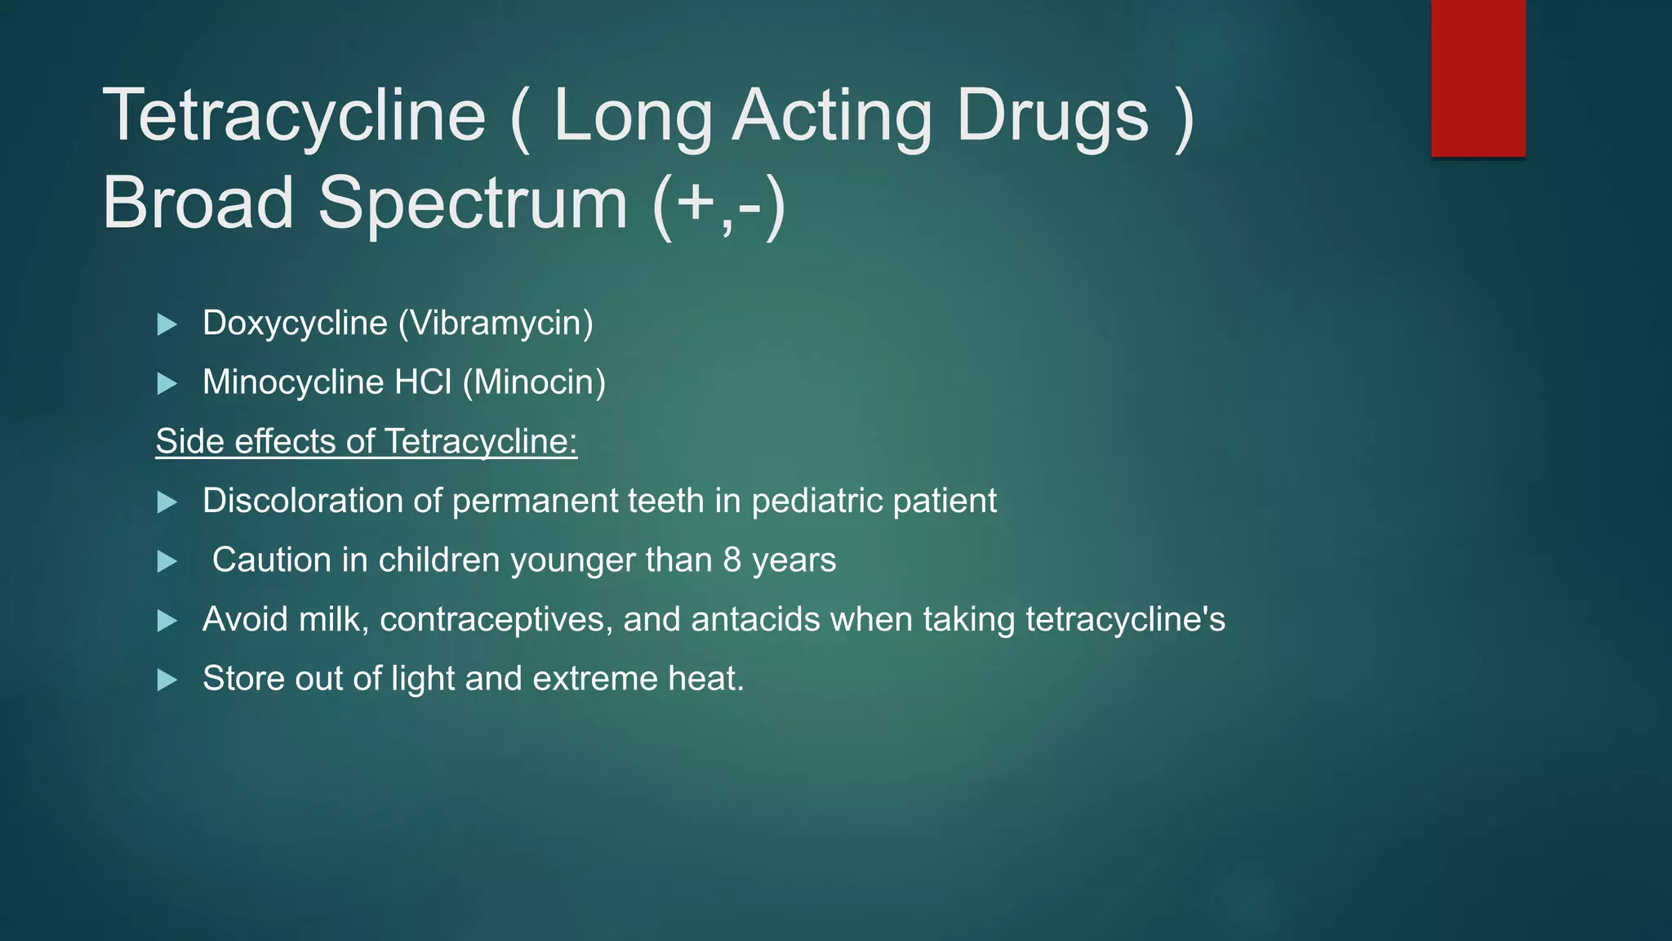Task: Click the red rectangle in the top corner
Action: [1478, 78]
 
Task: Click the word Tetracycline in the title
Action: [294, 116]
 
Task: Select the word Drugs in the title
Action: [1052, 116]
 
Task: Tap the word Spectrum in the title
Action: [473, 203]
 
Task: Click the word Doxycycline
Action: [295, 323]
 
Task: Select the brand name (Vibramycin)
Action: [496, 323]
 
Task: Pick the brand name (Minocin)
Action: [534, 382]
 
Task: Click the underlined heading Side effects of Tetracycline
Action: [367, 442]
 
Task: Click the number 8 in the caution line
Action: [731, 560]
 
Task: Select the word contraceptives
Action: [496, 620]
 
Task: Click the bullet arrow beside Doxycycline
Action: [167, 324]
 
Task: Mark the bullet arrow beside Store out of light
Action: [167, 680]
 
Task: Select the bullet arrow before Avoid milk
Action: [167, 621]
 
